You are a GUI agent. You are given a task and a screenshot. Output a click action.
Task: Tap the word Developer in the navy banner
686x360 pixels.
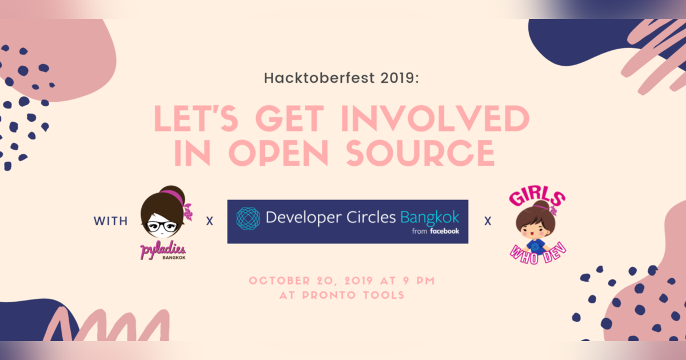click(x=301, y=218)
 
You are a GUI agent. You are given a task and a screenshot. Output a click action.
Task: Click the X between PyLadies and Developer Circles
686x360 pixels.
click(x=210, y=221)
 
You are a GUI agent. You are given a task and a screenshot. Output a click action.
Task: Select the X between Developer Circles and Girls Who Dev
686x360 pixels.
click(x=488, y=221)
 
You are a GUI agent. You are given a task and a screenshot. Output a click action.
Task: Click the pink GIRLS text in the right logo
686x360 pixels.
click(x=536, y=200)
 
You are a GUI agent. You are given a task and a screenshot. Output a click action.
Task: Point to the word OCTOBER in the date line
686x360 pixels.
click(x=278, y=281)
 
